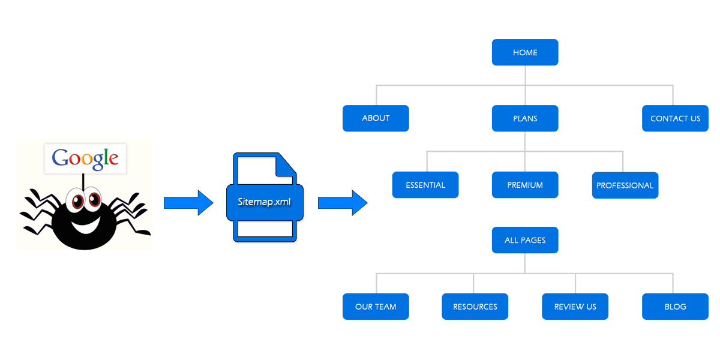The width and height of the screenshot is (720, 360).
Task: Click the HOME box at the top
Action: point(525,53)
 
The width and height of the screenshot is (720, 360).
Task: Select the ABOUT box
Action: point(376,118)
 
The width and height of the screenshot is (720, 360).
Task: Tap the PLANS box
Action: point(525,118)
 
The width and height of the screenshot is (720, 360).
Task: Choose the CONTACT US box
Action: point(675,118)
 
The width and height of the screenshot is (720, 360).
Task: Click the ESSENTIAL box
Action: point(425,185)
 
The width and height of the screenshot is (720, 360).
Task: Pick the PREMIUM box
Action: point(525,185)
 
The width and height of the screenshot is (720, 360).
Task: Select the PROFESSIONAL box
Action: point(625,185)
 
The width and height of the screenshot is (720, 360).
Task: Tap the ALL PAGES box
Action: point(525,240)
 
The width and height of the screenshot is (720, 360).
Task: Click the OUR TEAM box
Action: point(376,307)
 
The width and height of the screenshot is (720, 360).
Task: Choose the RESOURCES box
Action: point(475,307)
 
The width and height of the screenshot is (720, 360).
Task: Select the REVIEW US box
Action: point(575,307)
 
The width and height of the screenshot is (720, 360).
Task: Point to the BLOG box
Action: point(675,307)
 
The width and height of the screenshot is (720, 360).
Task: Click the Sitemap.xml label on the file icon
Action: point(265,202)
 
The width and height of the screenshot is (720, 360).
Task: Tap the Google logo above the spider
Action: point(85,158)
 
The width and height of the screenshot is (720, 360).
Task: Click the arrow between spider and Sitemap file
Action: point(188,202)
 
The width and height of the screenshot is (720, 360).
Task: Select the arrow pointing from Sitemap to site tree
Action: point(342,202)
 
